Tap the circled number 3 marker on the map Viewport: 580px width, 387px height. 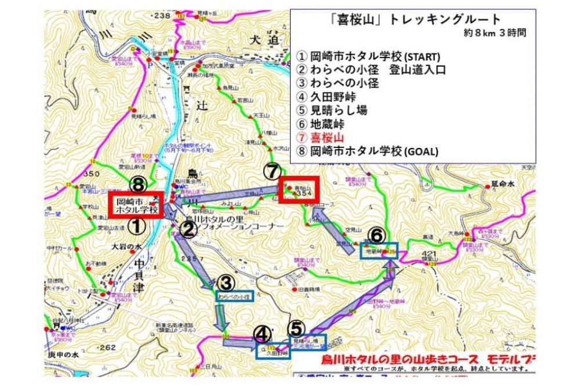click(x=226, y=283)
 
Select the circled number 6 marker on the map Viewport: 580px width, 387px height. click(x=376, y=235)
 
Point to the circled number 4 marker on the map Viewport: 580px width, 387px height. click(x=262, y=334)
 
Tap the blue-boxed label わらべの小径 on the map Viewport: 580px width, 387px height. click(x=235, y=296)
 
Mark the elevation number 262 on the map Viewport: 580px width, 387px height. click(x=107, y=348)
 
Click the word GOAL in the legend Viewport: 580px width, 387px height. click(x=420, y=152)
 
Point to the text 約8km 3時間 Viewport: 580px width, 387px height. click(x=495, y=33)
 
